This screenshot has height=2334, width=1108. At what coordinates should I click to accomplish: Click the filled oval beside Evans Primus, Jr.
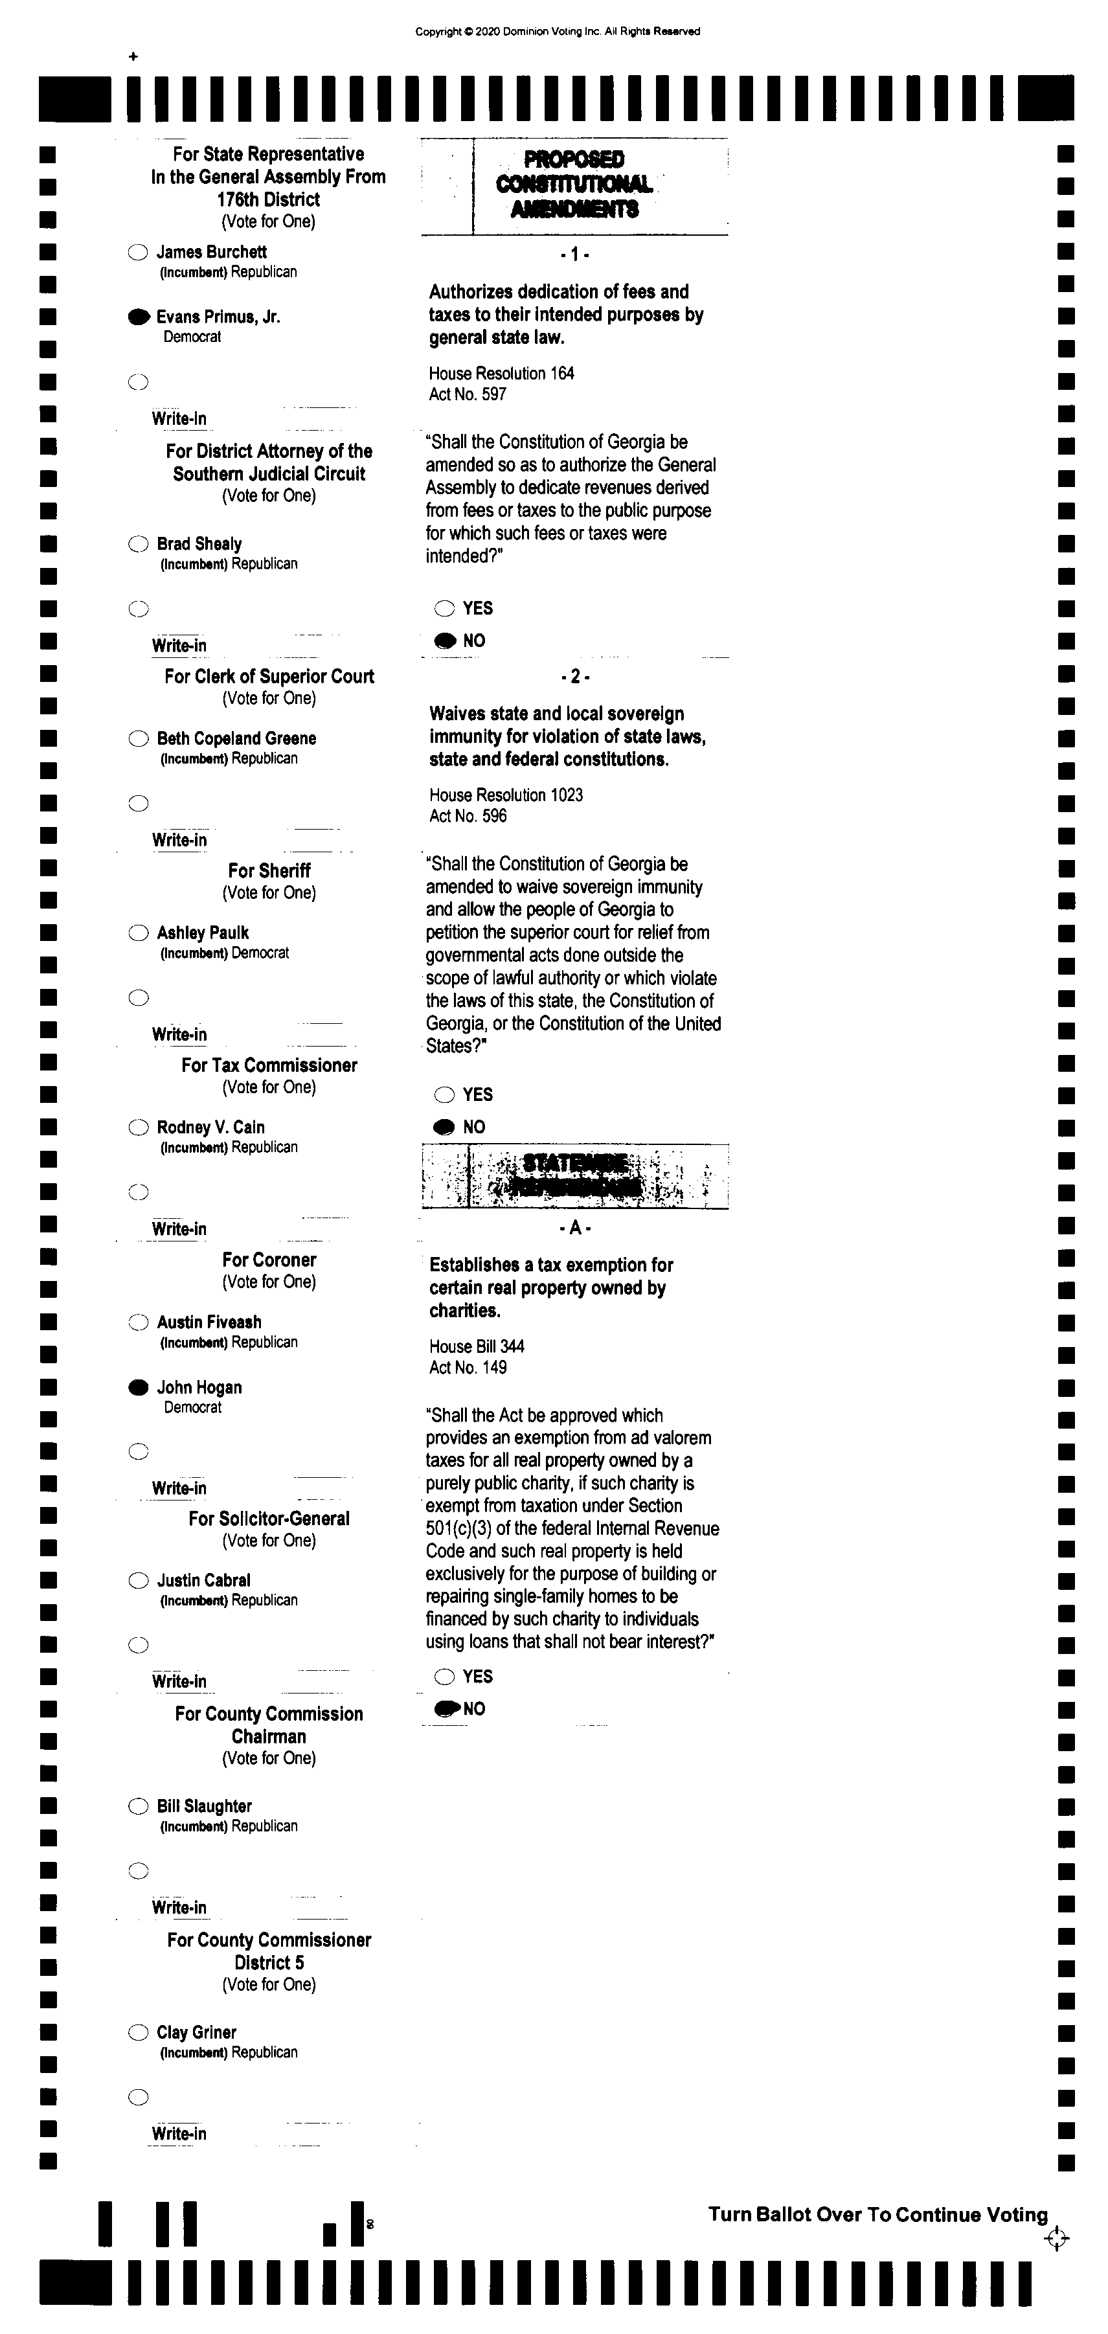pyautogui.click(x=139, y=317)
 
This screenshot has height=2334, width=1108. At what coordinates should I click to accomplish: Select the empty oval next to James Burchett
pyautogui.click(x=138, y=253)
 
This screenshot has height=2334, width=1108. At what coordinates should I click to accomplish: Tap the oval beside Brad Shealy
pyautogui.click(x=138, y=543)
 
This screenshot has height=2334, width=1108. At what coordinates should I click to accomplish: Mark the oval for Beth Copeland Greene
pyautogui.click(x=138, y=738)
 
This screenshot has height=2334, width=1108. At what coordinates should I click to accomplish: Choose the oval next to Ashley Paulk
pyautogui.click(x=138, y=933)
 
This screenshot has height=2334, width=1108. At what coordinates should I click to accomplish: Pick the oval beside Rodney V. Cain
pyautogui.click(x=138, y=1127)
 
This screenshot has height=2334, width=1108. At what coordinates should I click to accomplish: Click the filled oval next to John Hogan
pyautogui.click(x=138, y=1387)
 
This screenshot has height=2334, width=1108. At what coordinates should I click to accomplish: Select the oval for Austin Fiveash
pyautogui.click(x=138, y=1322)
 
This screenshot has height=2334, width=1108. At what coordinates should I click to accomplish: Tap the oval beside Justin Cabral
pyautogui.click(x=138, y=1580)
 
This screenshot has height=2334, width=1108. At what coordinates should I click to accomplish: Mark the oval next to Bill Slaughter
pyautogui.click(x=138, y=1806)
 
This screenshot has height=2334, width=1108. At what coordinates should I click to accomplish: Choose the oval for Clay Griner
pyautogui.click(x=138, y=2032)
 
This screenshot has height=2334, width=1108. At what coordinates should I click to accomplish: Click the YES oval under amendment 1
pyautogui.click(x=444, y=608)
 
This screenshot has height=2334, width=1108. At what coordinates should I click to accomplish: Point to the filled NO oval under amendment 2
pyautogui.click(x=444, y=1127)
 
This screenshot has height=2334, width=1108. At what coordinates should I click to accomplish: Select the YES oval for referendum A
pyautogui.click(x=444, y=1676)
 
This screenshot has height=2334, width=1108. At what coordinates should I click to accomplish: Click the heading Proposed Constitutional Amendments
pyautogui.click(x=574, y=184)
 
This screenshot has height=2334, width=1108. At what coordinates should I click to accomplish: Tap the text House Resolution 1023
pyautogui.click(x=506, y=795)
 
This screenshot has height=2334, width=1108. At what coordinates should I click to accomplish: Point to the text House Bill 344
pyautogui.click(x=477, y=1346)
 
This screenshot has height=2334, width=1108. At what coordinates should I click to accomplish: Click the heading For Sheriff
pyautogui.click(x=269, y=871)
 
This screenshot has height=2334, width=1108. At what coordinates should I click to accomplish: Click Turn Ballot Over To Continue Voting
pyautogui.click(x=877, y=2214)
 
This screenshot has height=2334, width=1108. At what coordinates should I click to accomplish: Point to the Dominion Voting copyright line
pyautogui.click(x=557, y=32)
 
